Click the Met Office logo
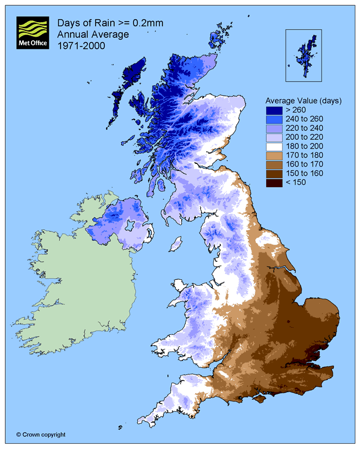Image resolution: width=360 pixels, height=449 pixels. click(x=34, y=34)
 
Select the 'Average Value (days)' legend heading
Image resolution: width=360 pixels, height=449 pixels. click(x=303, y=100)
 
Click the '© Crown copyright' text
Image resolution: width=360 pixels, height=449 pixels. click(x=41, y=434)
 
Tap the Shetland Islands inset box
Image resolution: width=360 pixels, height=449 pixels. click(x=303, y=55)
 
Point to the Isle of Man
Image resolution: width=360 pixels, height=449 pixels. click(x=174, y=241)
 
